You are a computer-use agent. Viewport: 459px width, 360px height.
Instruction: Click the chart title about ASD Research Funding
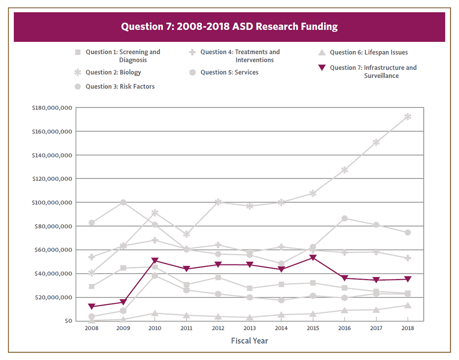(x=229, y=27)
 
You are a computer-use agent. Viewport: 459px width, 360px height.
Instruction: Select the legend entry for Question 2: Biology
(x=113, y=72)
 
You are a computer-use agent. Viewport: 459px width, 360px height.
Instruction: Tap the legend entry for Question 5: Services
(x=229, y=72)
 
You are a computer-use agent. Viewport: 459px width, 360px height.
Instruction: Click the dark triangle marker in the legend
(x=322, y=68)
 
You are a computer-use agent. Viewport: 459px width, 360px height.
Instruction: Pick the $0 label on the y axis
(x=68, y=321)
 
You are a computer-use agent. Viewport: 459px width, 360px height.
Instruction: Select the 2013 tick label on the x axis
(x=250, y=328)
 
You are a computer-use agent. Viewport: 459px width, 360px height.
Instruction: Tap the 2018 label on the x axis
(x=408, y=328)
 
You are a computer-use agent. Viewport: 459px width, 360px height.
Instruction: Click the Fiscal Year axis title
(x=250, y=341)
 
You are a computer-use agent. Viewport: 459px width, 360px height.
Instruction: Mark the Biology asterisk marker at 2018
(x=408, y=117)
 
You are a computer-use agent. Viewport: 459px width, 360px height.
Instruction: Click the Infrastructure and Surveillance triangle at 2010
(x=155, y=261)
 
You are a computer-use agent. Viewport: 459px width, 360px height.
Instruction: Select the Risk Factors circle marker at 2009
(x=123, y=203)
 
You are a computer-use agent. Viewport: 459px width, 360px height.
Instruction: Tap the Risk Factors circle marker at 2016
(x=345, y=218)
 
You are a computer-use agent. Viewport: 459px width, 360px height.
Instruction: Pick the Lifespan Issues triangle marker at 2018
(x=408, y=305)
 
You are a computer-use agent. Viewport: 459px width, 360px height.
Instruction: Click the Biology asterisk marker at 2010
(x=155, y=213)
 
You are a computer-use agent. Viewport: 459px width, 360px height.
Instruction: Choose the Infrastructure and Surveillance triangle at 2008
(x=92, y=307)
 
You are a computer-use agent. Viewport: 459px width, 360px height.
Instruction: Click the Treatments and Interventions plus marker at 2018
(x=408, y=258)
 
